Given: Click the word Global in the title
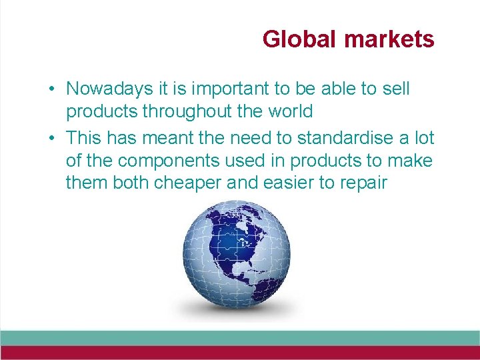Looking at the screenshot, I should (x=300, y=39).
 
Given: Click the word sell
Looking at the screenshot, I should (x=395, y=89).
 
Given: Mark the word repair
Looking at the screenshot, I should (x=364, y=183).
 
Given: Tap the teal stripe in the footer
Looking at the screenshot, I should (x=240, y=337).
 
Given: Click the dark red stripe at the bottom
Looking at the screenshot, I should (x=240, y=353).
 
